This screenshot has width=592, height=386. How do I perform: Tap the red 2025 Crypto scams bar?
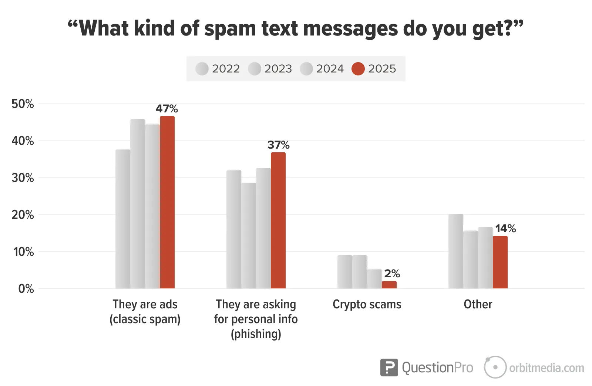click(389, 285)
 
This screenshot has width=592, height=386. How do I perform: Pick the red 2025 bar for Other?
click(500, 262)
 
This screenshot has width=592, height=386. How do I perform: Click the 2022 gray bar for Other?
click(456, 251)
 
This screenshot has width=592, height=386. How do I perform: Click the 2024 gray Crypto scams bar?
click(374, 279)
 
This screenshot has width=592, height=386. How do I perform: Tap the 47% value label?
click(167, 109)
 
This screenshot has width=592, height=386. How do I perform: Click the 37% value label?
click(279, 145)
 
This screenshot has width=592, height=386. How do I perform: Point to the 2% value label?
click(392, 274)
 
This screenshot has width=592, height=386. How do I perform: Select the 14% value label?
click(505, 228)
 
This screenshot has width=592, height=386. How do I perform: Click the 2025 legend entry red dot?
click(358, 69)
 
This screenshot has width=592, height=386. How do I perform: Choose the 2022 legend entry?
click(218, 69)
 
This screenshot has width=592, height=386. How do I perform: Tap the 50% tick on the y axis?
click(23, 104)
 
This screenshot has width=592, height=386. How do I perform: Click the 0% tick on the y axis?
click(26, 289)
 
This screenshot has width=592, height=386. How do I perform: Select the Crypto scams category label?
click(367, 304)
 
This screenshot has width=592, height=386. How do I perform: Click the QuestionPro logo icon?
click(389, 368)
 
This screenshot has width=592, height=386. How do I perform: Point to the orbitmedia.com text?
click(546, 368)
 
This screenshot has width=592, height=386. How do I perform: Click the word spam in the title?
click(230, 29)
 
